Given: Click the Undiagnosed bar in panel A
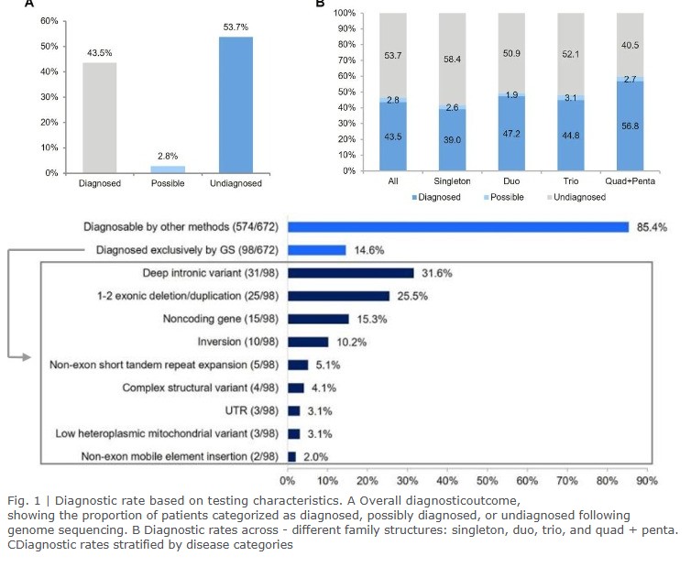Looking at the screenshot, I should (236, 104).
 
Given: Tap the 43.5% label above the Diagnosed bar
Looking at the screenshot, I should (96, 53).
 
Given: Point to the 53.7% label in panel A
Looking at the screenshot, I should (236, 27).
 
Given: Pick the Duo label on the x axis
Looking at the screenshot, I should (510, 181).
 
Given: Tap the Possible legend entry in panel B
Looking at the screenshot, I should (508, 197).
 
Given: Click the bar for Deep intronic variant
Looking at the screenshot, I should (350, 273).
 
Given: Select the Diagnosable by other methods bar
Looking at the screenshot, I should (457, 226).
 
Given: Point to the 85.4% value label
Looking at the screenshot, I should (650, 226).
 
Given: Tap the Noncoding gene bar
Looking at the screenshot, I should (318, 319).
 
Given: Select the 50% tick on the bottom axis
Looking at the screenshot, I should (486, 479).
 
